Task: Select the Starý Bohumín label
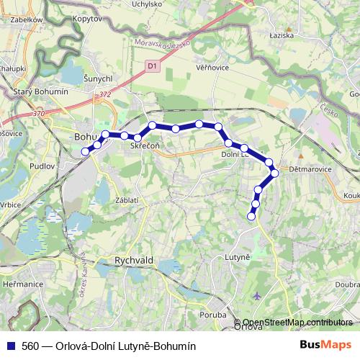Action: [40, 91]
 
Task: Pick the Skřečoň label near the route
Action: [144, 146]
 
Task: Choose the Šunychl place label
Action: [97, 78]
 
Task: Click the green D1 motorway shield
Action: [152, 66]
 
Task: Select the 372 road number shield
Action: [106, 94]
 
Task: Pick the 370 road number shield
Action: [40, 113]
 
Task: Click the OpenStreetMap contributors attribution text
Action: [297, 323]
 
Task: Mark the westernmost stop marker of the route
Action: [85, 151]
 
